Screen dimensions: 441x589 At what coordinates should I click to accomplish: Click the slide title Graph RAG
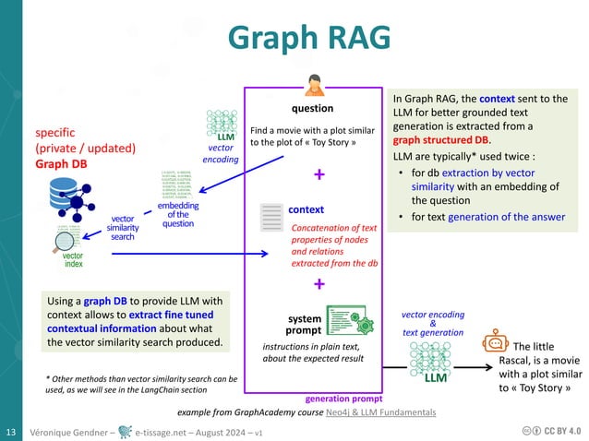pos(294,38)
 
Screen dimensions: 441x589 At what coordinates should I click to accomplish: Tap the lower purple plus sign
pos(319,284)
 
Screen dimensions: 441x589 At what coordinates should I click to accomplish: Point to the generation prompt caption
pos(341,399)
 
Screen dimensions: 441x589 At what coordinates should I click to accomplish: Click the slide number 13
pos(12,432)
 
